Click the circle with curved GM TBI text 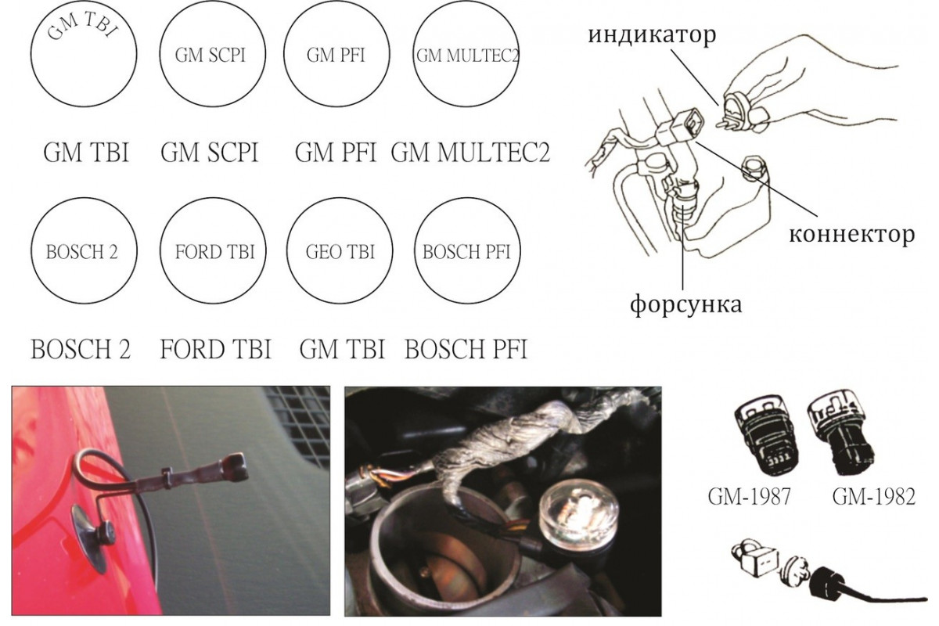31,54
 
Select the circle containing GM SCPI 160,54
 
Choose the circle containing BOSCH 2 31,250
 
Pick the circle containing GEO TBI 287,250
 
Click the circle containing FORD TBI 160,250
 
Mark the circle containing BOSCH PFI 415,250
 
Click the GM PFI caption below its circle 336,153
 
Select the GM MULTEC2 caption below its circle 470,153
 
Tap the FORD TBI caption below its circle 216,349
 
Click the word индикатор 652,34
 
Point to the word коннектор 852,235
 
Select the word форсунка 686,304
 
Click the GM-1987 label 749,497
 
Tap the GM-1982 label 873,497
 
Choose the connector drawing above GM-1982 840,434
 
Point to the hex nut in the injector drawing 754,170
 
